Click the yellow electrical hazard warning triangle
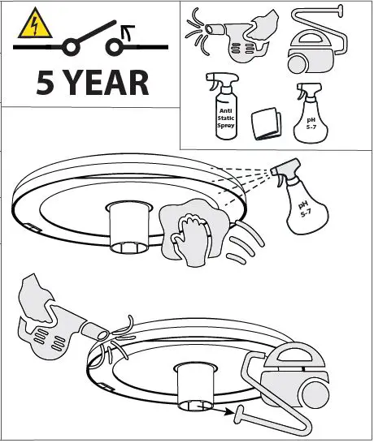(35, 24)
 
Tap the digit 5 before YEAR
(46, 83)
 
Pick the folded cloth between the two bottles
(266, 123)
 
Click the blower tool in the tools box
(233, 36)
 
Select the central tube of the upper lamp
(129, 227)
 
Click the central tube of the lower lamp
(196, 387)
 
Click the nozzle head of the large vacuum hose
(239, 414)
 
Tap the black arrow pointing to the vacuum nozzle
(218, 409)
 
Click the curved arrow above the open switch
(127, 32)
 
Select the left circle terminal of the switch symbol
(70, 47)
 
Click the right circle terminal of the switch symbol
(114, 47)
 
